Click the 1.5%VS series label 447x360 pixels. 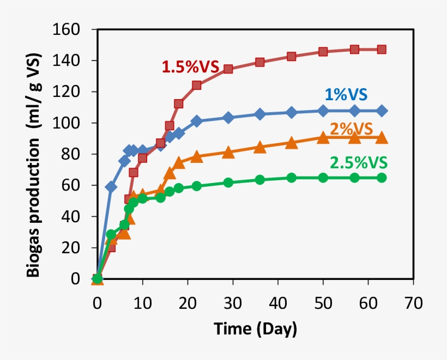tap(190, 67)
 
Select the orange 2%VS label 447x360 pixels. tap(351, 129)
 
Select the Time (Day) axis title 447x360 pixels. tap(255, 329)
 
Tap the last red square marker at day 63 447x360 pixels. tap(382, 50)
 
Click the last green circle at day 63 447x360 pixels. tap(382, 178)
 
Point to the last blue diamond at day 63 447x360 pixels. tap(382, 111)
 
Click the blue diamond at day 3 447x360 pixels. tap(111, 187)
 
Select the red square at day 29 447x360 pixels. tap(228, 69)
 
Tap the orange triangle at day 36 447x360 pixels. tap(259, 147)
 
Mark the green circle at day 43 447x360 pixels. tap(291, 178)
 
